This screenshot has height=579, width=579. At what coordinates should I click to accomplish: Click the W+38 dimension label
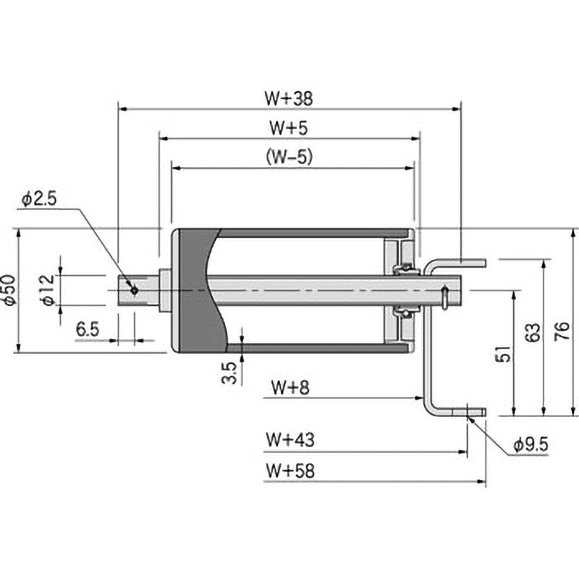[289, 96]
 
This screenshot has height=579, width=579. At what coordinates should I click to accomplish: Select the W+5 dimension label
[289, 127]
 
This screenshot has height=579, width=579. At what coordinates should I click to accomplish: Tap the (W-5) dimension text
[289, 156]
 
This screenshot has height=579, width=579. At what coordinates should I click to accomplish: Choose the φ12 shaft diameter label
[48, 289]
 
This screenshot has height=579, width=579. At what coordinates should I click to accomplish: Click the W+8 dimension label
[289, 387]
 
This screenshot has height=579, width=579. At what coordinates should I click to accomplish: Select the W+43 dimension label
[289, 439]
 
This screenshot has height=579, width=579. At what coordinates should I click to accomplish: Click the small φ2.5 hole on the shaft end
[134, 290]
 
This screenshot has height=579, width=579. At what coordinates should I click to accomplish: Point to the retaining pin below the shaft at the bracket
[442, 297]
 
